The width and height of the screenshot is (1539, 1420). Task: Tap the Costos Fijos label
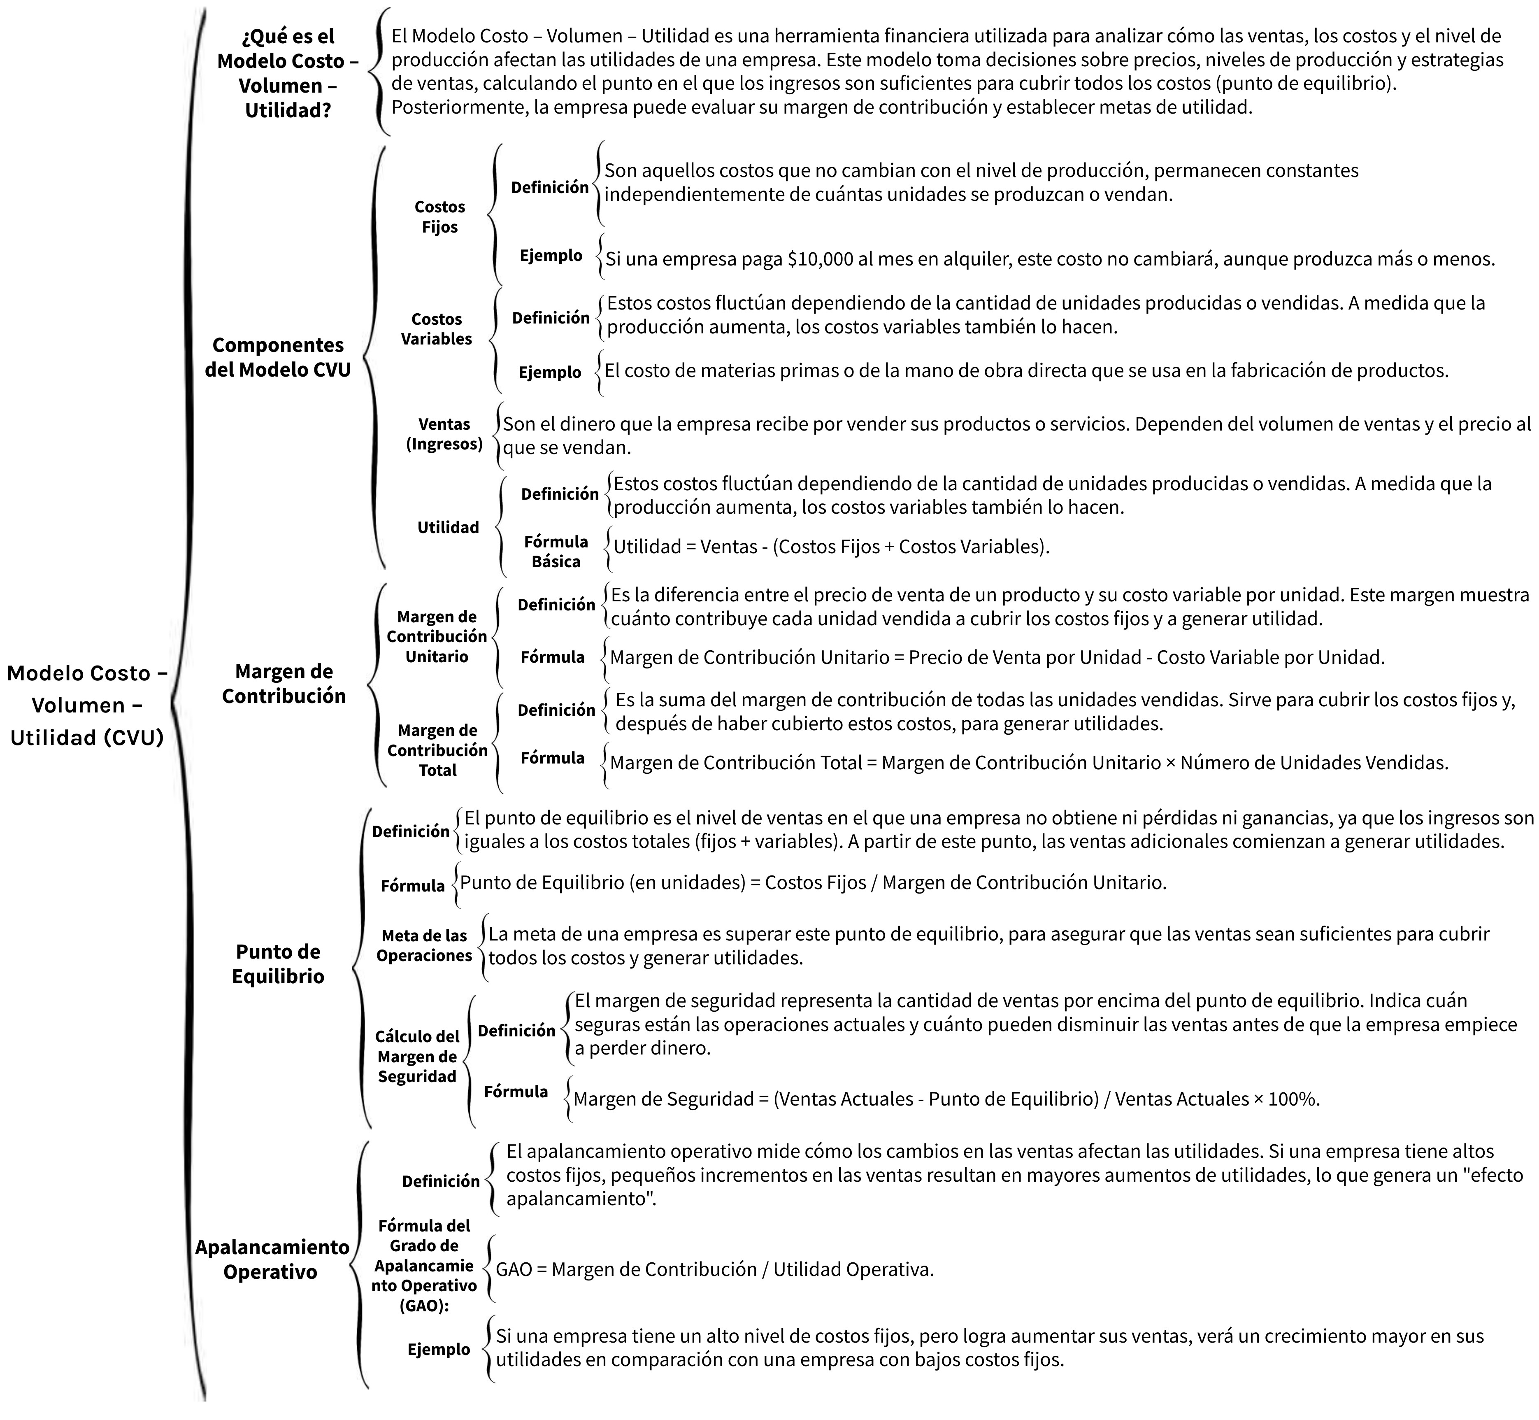point(439,216)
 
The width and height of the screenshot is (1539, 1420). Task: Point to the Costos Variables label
point(437,329)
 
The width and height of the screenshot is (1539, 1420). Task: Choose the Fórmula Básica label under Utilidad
point(556,552)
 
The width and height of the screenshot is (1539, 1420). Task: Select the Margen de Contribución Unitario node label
point(437,636)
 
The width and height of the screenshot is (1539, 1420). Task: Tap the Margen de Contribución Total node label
point(437,750)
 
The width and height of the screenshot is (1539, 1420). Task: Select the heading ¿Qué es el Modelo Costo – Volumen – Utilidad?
point(288,73)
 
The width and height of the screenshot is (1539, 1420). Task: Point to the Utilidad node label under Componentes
point(448,527)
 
